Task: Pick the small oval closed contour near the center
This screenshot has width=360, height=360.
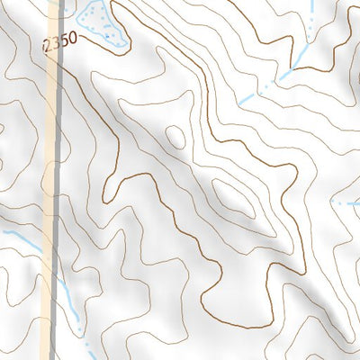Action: [x=175, y=136]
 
